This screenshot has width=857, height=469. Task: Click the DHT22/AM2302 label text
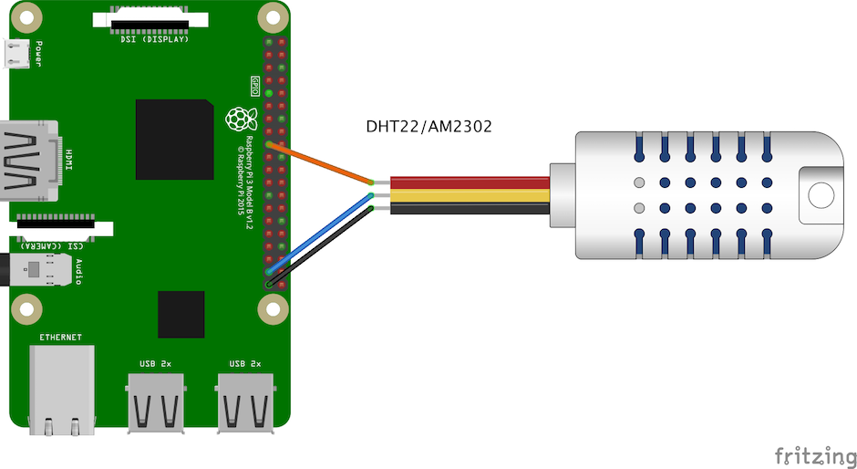(x=428, y=127)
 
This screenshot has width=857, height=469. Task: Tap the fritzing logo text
(x=815, y=454)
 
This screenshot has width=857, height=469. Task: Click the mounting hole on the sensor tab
(x=821, y=194)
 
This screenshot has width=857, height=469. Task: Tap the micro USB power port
(x=18, y=55)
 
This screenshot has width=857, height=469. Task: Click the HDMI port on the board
(x=33, y=160)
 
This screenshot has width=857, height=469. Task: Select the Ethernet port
(x=62, y=388)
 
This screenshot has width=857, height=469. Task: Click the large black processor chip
(x=175, y=139)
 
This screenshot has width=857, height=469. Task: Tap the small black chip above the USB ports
(x=181, y=315)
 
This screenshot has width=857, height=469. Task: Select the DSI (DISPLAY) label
(x=154, y=39)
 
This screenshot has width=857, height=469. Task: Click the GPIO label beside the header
(x=255, y=87)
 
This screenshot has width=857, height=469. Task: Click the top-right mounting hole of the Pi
(x=271, y=17)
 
